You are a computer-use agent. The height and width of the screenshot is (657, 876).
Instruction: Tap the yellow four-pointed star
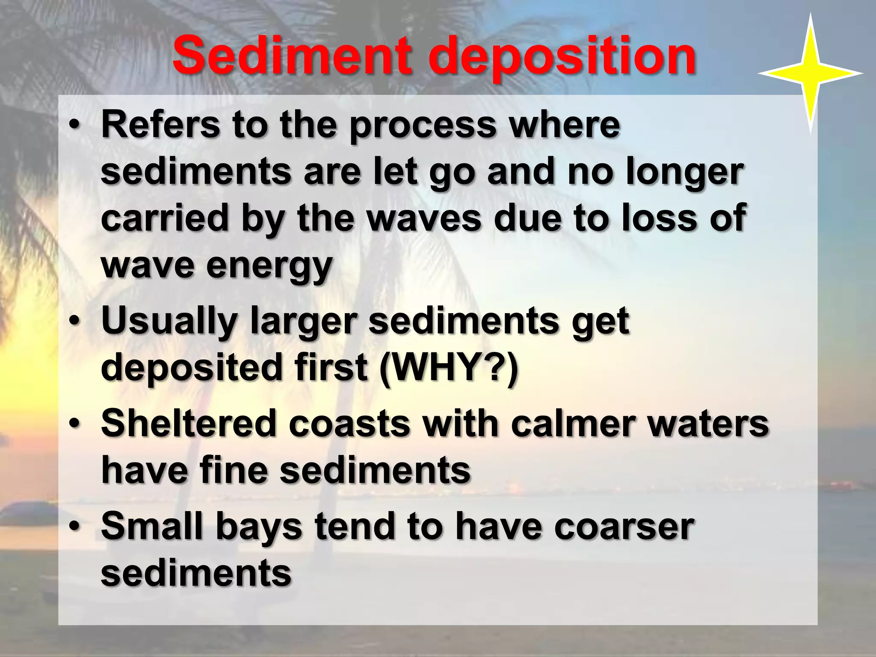(810, 74)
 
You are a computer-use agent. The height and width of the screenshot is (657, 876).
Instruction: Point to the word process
(423, 127)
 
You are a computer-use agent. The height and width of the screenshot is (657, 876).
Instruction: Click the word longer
(685, 173)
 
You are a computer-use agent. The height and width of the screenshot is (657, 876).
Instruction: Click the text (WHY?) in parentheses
(449, 367)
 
